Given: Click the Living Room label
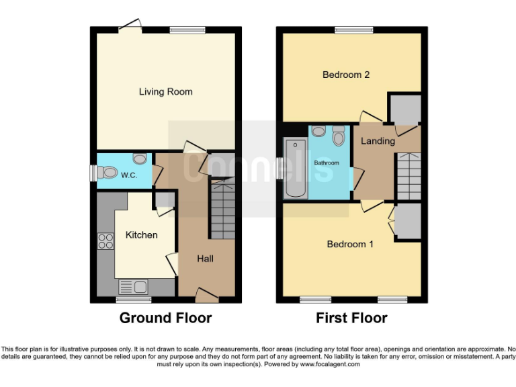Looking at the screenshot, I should [165, 91].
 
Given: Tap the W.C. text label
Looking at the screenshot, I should [129, 175].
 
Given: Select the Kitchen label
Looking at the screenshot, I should [141, 234].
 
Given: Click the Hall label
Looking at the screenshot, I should [205, 258].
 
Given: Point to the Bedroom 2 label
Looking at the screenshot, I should [346, 75].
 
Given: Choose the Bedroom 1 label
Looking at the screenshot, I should [350, 244].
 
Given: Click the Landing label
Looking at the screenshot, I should [378, 141].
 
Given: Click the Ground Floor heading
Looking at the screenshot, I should [165, 318].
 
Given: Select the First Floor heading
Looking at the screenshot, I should [351, 318].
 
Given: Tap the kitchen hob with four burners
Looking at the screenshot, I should [105, 241].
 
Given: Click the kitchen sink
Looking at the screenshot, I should [133, 288].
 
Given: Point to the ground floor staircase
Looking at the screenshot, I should [223, 208].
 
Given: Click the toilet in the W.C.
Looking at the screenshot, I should [107, 173].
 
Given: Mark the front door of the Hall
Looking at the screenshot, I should [206, 293].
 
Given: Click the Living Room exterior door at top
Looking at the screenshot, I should [130, 26].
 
